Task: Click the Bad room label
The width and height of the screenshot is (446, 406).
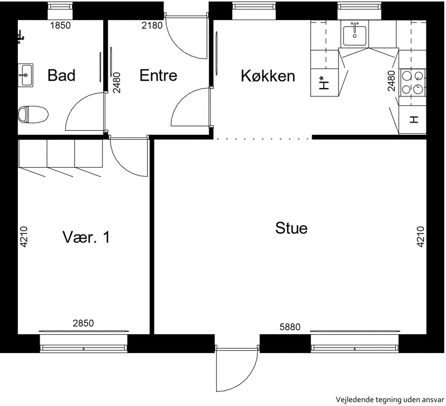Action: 61,75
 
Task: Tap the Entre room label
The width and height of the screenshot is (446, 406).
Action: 158,75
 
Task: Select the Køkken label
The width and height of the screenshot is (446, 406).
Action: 268,76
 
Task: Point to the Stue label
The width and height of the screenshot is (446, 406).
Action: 291,228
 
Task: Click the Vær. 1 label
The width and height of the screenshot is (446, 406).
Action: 86,237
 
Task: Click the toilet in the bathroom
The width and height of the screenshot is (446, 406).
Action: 33,115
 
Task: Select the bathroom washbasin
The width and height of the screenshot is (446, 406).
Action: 25,75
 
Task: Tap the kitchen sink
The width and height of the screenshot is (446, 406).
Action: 355,36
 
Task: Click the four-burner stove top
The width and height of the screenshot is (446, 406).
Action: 413,82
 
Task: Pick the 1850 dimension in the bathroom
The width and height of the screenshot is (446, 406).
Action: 60,26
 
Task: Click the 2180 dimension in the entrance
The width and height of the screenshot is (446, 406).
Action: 152,26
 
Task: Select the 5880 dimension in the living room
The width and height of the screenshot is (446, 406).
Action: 290,327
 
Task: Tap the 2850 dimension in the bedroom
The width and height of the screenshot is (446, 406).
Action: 83,324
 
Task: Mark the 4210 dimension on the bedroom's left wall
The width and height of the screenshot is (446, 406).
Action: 24,237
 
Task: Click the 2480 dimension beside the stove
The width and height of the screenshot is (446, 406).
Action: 392,81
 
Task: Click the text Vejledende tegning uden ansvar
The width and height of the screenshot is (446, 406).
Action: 390,400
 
